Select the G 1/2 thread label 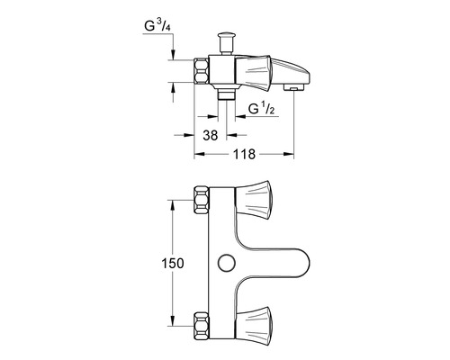click(x=260, y=111)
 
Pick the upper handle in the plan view click(x=252, y=195)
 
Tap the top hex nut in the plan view click(x=201, y=199)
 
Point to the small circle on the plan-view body click(x=225, y=261)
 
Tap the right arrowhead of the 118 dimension click(x=293, y=155)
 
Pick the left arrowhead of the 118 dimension click(x=197, y=155)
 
